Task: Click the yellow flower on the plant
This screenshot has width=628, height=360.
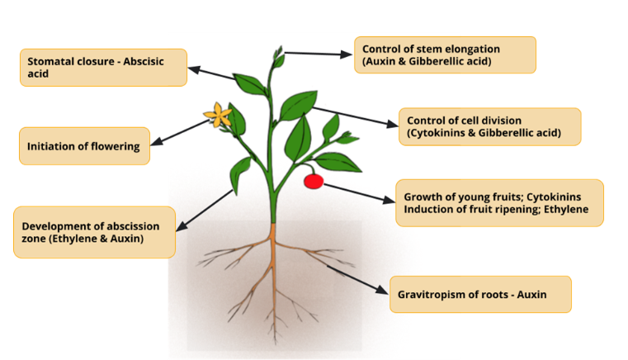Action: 218,115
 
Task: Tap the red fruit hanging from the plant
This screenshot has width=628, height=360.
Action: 314,181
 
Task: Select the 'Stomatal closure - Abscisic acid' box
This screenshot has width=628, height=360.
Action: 103,68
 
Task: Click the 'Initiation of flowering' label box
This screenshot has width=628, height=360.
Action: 84,146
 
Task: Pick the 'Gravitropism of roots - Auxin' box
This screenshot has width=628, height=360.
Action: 480,294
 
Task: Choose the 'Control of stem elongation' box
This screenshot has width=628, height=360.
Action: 445,55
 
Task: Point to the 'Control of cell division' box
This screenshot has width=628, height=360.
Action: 490,126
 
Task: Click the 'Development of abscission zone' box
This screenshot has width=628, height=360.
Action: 95,232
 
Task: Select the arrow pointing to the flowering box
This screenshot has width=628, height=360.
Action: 180,131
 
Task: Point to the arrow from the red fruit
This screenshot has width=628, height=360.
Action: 359,193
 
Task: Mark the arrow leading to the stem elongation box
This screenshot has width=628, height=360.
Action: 318,54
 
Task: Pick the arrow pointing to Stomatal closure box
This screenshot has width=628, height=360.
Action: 211,73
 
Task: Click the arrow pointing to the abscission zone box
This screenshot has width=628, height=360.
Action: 205,211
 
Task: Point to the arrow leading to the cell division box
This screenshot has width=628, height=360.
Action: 355,117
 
